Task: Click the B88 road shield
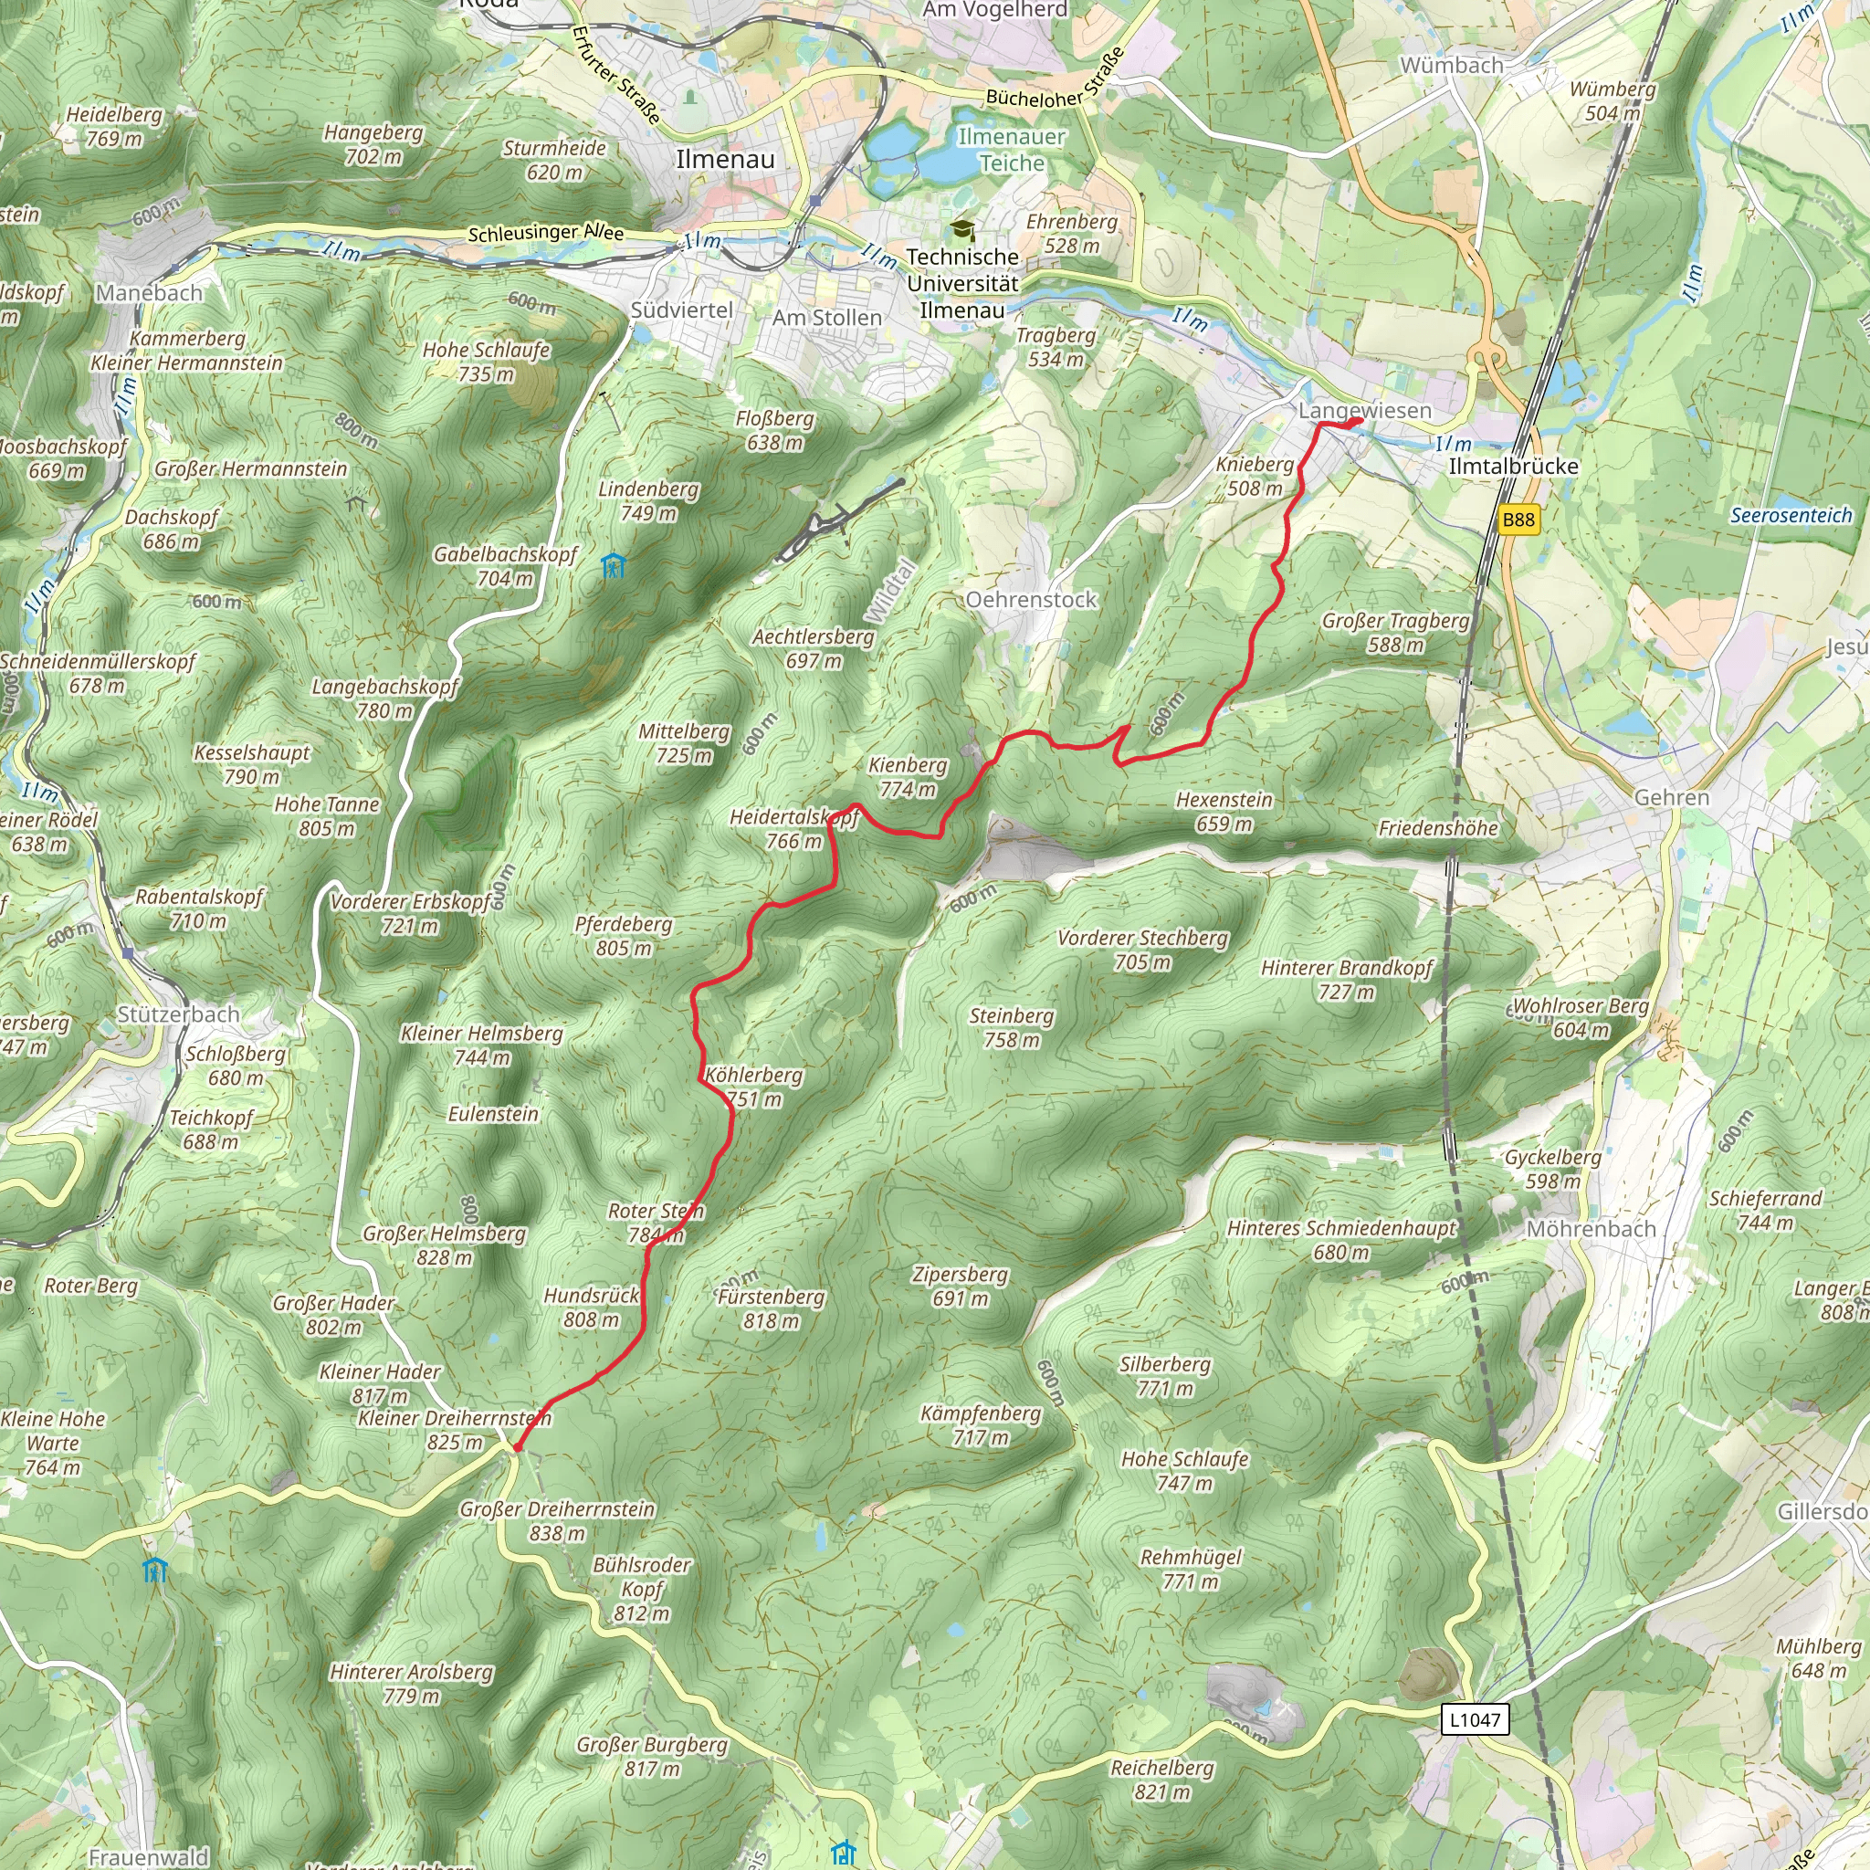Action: coord(1518,520)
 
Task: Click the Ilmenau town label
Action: coord(725,160)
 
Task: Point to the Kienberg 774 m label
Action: coord(907,777)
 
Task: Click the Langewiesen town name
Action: coord(1364,410)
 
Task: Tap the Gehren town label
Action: coord(1672,797)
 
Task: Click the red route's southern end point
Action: coord(517,1448)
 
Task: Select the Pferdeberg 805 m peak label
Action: coord(624,936)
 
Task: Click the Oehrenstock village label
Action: coord(1031,600)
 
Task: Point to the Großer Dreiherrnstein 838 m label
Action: coord(558,1521)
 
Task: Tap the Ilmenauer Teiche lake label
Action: coord(1012,150)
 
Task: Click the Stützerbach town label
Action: coord(178,1014)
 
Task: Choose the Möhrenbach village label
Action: coord(1591,1228)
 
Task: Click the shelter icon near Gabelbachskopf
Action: coord(612,565)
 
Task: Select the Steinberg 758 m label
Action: coord(1011,1028)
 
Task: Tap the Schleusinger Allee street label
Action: coord(546,233)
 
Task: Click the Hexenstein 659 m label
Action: coord(1224,812)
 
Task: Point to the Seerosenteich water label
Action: coord(1791,516)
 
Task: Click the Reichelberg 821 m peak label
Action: coord(1161,1780)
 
